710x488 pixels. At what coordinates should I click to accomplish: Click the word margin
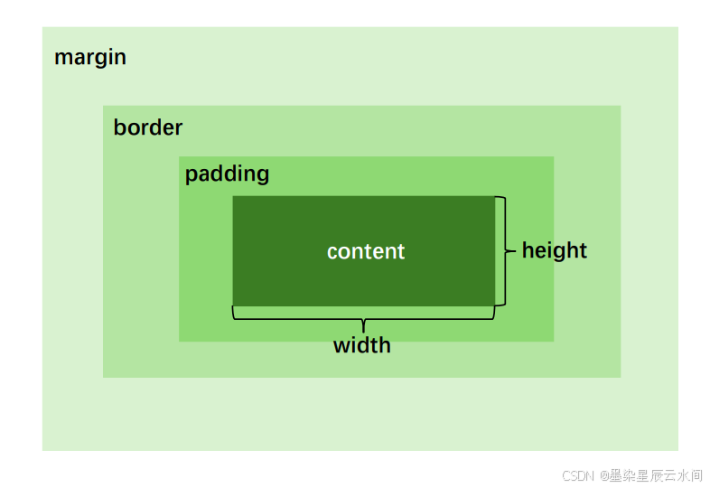(x=90, y=58)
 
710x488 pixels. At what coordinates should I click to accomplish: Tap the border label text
(x=148, y=127)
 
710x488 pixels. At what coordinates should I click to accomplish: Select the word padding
(x=227, y=174)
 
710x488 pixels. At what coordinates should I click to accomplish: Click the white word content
(x=366, y=251)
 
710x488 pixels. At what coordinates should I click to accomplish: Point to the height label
(x=555, y=250)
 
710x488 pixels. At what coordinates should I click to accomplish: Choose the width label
(x=362, y=345)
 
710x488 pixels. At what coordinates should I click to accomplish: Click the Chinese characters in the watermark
(x=656, y=475)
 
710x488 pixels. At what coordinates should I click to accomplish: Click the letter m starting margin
(x=62, y=59)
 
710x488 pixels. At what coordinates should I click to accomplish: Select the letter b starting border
(x=119, y=127)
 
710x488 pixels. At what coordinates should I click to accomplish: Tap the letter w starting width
(x=341, y=345)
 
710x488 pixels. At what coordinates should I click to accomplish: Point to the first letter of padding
(x=192, y=174)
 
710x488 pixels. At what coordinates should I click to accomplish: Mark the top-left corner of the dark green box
(x=234, y=197)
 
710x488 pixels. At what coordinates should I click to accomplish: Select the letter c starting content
(x=332, y=252)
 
